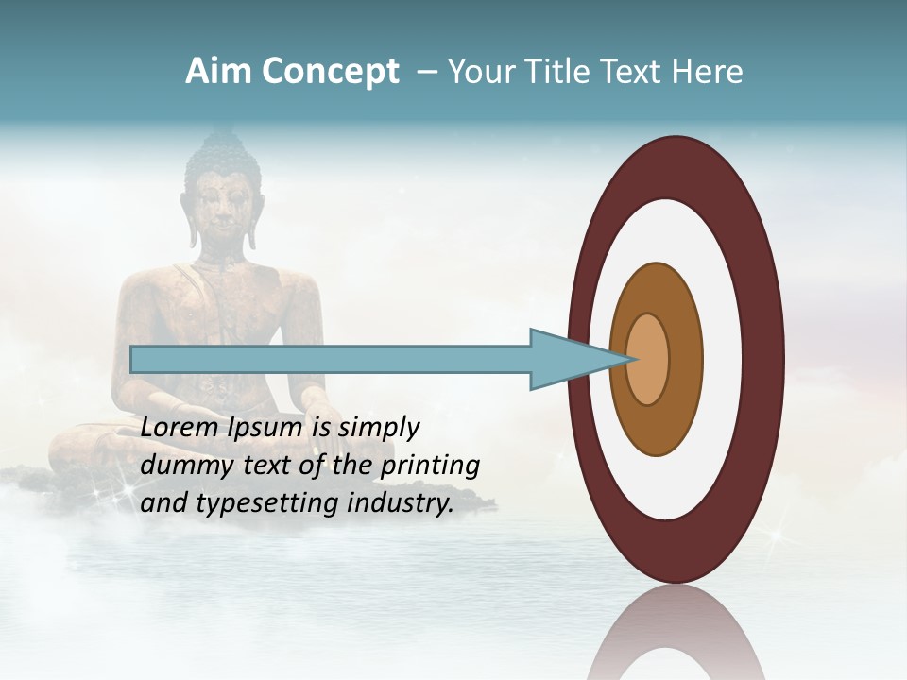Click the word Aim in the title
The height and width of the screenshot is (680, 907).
tap(220, 72)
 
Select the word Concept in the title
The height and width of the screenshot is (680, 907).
tap(331, 73)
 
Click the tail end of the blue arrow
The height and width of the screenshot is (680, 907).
tap(133, 359)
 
